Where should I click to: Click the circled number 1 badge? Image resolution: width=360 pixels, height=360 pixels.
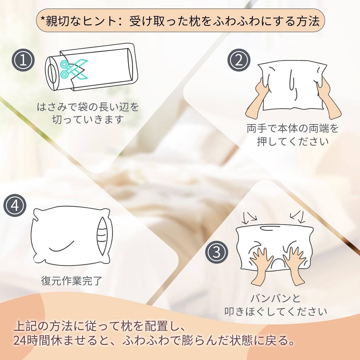pyautogui.click(x=23, y=60)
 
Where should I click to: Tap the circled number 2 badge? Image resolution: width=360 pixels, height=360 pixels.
pyautogui.click(x=238, y=60)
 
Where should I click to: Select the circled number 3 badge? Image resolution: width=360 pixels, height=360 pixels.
pyautogui.click(x=217, y=252)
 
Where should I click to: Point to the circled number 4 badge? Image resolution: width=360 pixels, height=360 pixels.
pyautogui.click(x=15, y=206)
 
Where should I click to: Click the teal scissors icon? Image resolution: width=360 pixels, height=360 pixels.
pyautogui.click(x=74, y=69)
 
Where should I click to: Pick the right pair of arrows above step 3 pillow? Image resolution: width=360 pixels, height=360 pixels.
pyautogui.click(x=297, y=217)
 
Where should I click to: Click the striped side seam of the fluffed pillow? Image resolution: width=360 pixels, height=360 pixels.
pyautogui.click(x=102, y=236)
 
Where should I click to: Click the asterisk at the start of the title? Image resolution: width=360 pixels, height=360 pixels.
pyautogui.click(x=43, y=18)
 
